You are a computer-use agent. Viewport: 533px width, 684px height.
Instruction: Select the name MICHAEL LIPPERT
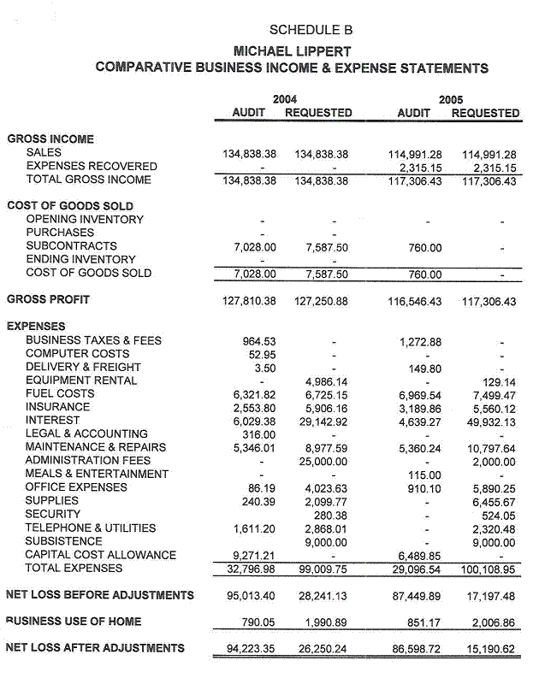(x=292, y=51)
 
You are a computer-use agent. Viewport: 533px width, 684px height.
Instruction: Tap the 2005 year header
(x=450, y=99)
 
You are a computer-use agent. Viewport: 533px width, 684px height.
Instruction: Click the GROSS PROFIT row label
(x=48, y=299)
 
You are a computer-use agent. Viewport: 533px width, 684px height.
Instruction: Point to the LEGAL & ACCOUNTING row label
(x=86, y=433)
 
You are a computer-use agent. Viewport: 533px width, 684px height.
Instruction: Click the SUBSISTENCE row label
(x=64, y=541)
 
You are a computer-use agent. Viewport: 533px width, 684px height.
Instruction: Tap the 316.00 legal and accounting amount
(x=259, y=433)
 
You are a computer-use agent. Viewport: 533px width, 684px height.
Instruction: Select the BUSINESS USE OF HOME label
(x=74, y=622)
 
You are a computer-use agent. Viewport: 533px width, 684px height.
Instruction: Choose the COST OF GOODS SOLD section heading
(x=69, y=205)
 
